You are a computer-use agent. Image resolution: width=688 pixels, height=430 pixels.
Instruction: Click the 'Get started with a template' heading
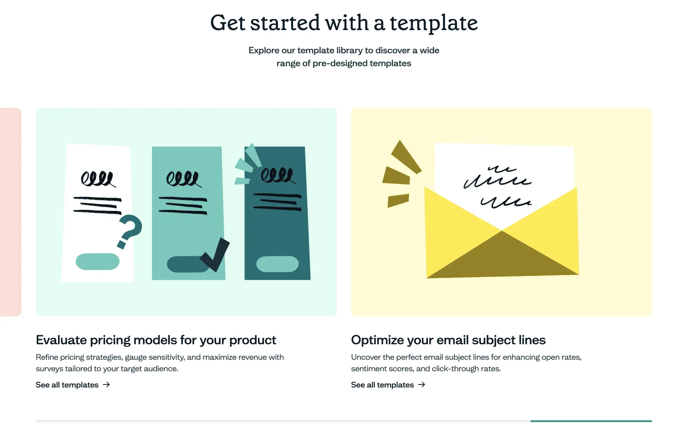click(x=344, y=23)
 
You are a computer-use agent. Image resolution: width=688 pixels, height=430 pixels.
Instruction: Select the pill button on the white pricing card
click(x=97, y=262)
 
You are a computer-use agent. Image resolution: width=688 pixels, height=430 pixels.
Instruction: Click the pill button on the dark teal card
click(x=277, y=264)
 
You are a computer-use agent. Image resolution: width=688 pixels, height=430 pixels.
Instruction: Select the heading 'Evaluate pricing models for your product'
click(x=156, y=340)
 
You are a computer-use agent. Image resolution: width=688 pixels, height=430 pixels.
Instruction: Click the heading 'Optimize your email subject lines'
click(x=448, y=340)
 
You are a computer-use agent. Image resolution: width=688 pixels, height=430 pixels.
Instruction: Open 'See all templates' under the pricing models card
click(x=67, y=385)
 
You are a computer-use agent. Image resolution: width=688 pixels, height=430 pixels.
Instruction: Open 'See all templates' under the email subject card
click(x=382, y=385)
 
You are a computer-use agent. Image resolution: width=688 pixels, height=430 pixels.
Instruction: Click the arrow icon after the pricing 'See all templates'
click(x=106, y=384)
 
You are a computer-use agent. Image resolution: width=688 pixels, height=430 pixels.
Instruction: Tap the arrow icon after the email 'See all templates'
click(x=421, y=384)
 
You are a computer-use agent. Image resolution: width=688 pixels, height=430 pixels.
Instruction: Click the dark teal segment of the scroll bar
click(x=591, y=421)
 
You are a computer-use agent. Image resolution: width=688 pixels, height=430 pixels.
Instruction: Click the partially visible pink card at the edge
click(x=11, y=212)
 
